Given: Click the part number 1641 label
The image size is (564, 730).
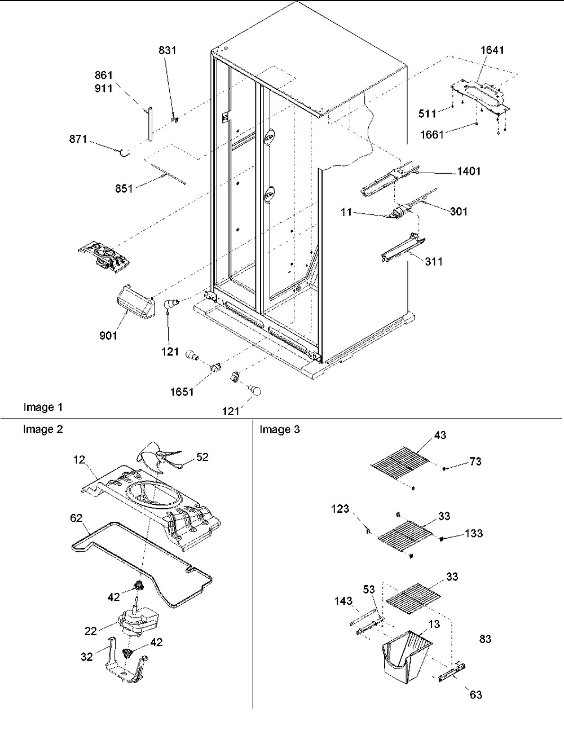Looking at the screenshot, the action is [492, 50].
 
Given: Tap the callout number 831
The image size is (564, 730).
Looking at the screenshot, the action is [167, 50].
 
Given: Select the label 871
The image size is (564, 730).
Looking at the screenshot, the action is [78, 139].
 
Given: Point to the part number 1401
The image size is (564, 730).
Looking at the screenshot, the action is [469, 171].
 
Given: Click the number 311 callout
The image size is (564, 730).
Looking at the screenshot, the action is [434, 261].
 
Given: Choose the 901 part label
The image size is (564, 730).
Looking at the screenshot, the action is [108, 335].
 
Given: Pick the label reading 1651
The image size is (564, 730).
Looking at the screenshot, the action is [182, 392].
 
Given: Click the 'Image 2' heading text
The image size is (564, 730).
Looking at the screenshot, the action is [43, 429].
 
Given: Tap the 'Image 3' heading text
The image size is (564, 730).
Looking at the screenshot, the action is [280, 429].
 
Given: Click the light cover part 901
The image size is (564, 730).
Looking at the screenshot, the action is [135, 301].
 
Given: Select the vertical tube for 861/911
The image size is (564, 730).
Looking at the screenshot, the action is [151, 124].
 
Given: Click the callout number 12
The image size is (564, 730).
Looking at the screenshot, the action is [79, 460].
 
